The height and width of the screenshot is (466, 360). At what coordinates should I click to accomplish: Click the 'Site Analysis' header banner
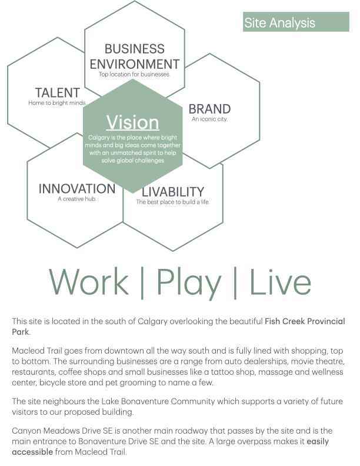[x=296, y=22]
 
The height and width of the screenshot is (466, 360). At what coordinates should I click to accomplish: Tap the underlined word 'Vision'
[x=133, y=122]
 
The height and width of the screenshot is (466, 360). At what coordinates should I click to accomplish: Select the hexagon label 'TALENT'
[x=58, y=92]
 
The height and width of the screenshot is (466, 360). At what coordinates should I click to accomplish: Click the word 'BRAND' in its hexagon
[x=209, y=109]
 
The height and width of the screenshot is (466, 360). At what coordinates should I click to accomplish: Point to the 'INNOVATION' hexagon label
[x=77, y=189]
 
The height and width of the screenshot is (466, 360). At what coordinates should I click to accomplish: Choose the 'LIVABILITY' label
[x=173, y=192]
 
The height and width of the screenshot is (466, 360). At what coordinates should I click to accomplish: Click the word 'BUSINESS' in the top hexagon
[x=135, y=49]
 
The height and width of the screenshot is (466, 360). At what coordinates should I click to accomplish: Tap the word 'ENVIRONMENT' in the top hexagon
[x=135, y=64]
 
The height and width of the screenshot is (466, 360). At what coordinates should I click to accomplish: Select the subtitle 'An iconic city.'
[x=209, y=119]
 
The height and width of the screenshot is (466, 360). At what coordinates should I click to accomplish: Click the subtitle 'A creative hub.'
[x=77, y=199]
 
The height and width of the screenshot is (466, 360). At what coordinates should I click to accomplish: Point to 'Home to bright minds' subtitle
[x=57, y=103]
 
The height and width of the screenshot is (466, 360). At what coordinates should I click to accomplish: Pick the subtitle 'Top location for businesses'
[x=134, y=74]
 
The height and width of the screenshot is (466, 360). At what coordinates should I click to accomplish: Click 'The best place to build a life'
[x=173, y=202]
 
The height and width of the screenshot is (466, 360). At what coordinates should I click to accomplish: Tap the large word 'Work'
[x=88, y=281]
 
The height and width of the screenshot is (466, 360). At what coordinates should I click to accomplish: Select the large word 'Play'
[x=189, y=283]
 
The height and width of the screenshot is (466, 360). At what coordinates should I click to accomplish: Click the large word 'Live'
[x=280, y=281]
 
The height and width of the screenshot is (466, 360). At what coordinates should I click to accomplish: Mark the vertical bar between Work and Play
[x=142, y=282]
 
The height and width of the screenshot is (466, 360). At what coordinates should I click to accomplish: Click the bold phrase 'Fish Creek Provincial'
[x=305, y=321]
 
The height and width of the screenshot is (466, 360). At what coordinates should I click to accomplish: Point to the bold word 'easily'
[x=318, y=442]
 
